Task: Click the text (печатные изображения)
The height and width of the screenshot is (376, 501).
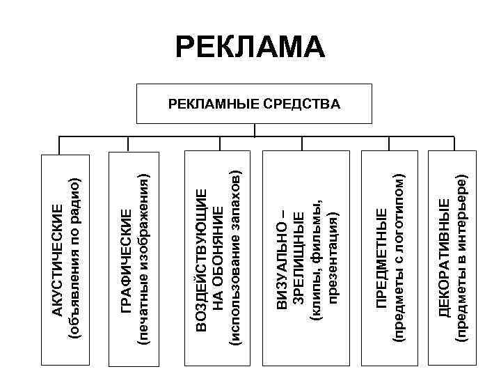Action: [x=144, y=259]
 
